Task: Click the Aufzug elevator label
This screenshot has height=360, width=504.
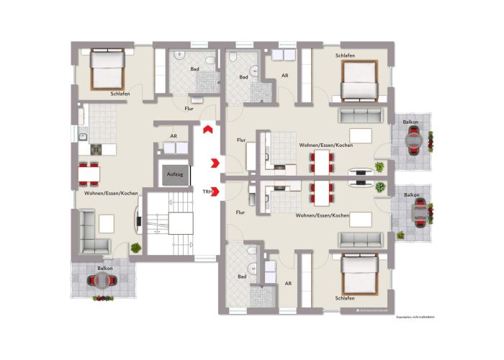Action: (x=173, y=175)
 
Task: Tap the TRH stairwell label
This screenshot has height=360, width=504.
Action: (x=207, y=192)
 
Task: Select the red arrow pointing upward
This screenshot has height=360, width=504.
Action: (x=207, y=129)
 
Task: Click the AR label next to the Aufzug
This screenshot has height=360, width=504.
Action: (x=173, y=135)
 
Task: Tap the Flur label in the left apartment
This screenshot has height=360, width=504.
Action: (x=189, y=109)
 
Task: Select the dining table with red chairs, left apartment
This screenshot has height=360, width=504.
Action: (x=89, y=174)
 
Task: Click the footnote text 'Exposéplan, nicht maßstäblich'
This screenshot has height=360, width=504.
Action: (x=415, y=318)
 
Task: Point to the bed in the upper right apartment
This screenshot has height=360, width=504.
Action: (x=359, y=80)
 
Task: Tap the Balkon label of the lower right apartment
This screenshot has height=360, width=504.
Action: (x=412, y=195)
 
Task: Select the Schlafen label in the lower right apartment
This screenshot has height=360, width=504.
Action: (x=344, y=298)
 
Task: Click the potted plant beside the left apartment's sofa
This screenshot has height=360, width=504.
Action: (x=135, y=248)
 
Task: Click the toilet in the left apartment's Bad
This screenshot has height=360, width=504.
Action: (x=207, y=60)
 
